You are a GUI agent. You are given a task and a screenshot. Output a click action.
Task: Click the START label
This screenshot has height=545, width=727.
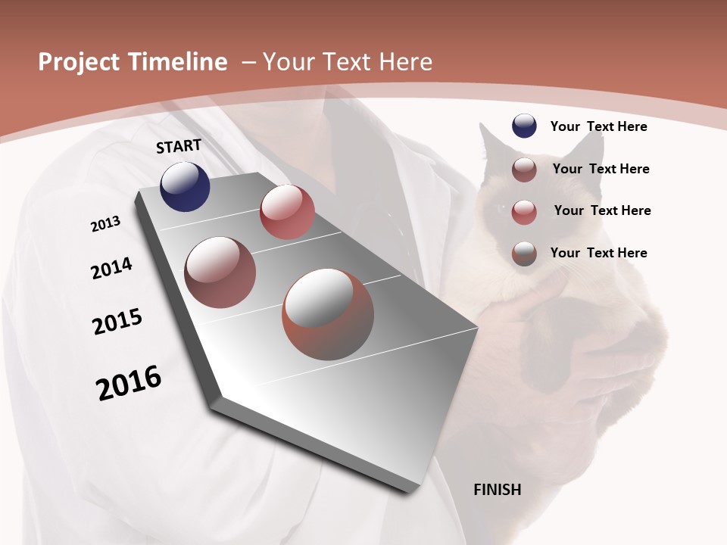[x=179, y=146]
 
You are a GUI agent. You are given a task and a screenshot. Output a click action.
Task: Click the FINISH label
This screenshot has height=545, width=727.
[x=497, y=490]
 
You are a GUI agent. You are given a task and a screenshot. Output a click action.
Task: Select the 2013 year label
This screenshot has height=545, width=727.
[x=105, y=224]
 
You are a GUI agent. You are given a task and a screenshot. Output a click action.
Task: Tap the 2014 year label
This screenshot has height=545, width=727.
[x=111, y=268]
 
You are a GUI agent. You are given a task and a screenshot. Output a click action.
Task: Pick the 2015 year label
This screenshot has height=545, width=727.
[x=117, y=322]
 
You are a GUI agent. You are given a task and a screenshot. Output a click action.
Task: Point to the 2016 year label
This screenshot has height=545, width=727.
[x=129, y=383]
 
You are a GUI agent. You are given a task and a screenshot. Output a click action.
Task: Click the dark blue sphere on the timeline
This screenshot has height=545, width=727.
[x=185, y=186]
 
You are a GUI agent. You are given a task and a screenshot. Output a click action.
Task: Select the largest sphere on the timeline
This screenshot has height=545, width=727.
[x=328, y=314]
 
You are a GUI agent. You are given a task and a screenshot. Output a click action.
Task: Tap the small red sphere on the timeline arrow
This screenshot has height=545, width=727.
[x=287, y=212]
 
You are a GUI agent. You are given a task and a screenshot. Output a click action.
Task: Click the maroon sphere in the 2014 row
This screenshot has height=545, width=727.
[x=220, y=272]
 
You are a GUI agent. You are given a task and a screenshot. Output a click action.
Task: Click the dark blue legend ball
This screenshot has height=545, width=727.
[x=524, y=126]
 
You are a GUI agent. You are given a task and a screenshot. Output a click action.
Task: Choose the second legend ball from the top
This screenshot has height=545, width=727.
[x=524, y=170]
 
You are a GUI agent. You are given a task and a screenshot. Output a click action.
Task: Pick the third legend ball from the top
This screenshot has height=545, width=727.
[x=524, y=212]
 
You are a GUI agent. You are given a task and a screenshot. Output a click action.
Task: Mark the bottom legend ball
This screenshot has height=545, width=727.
[x=524, y=254]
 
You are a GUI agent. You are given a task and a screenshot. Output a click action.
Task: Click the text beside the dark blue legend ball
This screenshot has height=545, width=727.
[x=598, y=126]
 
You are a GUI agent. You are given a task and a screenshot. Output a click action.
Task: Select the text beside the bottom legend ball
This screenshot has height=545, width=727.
[x=598, y=253]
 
